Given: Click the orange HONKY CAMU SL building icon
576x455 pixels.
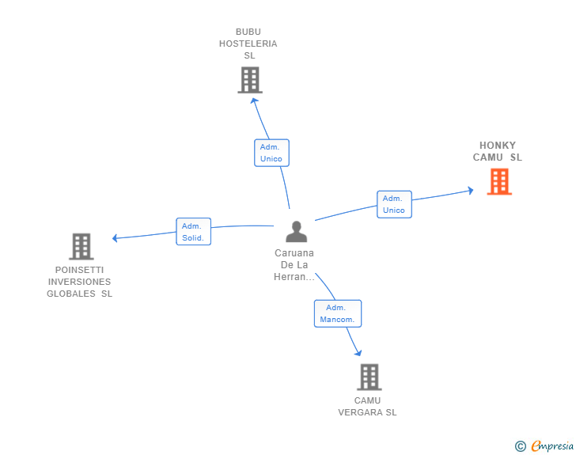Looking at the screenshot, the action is pyautogui.click(x=499, y=181).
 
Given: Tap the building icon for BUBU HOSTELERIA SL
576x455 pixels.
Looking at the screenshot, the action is pyautogui.click(x=250, y=80).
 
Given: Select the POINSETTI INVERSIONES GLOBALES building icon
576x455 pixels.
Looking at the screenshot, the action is pyautogui.click(x=81, y=246).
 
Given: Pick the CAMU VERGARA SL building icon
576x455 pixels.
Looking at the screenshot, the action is pyautogui.click(x=369, y=377).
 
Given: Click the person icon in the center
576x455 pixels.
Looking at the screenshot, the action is pyautogui.click(x=296, y=232).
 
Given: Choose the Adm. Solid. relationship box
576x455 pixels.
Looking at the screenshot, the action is pyautogui.click(x=194, y=232).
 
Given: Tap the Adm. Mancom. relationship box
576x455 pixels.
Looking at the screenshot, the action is pyautogui.click(x=338, y=313).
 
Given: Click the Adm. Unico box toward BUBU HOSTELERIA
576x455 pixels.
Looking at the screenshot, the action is pyautogui.click(x=272, y=153).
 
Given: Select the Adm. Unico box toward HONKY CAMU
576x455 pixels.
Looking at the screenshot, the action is pyautogui.click(x=394, y=204).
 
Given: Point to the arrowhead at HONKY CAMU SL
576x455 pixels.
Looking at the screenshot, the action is pyautogui.click(x=471, y=191).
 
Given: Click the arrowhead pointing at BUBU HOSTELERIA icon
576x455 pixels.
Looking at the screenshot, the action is pyautogui.click(x=254, y=100).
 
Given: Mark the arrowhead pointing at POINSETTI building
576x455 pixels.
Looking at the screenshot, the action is pyautogui.click(x=115, y=238).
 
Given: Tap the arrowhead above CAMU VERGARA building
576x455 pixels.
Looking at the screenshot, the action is pyautogui.click(x=358, y=353).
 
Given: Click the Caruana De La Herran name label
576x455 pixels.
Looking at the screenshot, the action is pyautogui.click(x=294, y=264).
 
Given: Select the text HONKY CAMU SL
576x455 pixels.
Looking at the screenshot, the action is pyautogui.click(x=498, y=151).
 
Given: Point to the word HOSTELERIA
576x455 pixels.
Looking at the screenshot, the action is pyautogui.click(x=248, y=44).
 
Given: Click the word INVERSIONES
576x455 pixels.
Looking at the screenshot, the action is pyautogui.click(x=79, y=282).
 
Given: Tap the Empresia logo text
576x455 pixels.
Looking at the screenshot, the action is pyautogui.click(x=552, y=446).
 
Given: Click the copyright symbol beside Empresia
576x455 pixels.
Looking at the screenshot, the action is pyautogui.click(x=521, y=446).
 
